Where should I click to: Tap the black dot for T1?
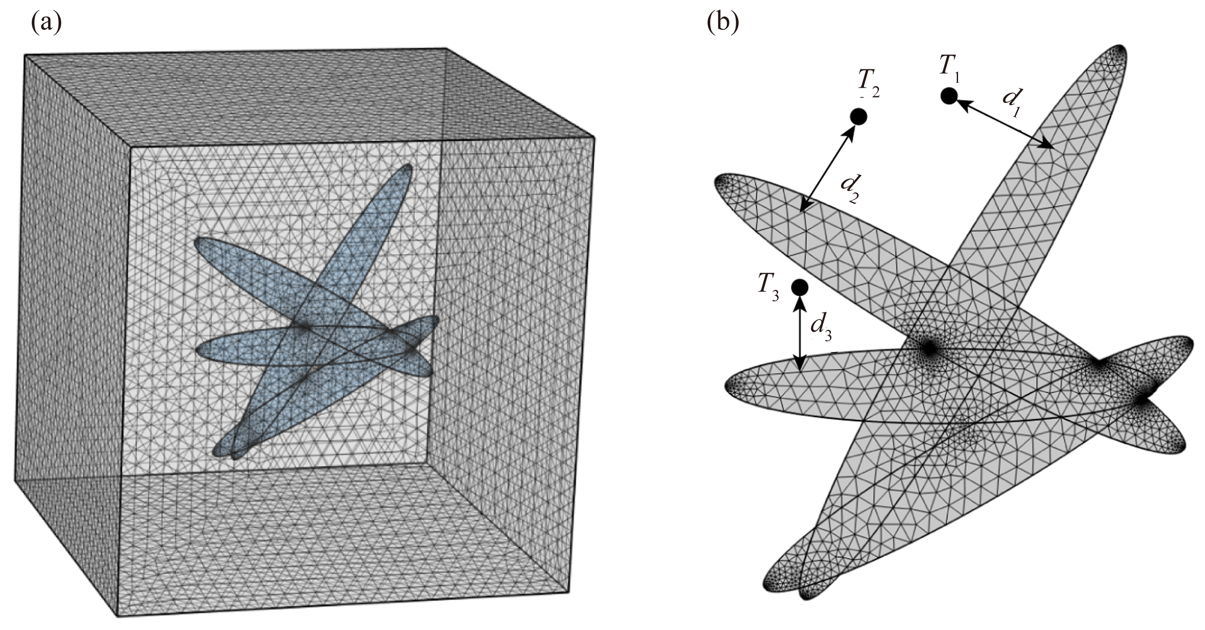pyautogui.click(x=949, y=97)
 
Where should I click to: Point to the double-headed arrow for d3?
pyautogui.click(x=800, y=334)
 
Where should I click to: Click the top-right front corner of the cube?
pyautogui.click(x=594, y=137)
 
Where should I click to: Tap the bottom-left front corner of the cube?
pyautogui.click(x=116, y=616)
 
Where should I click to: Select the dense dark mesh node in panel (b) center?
pyautogui.click(x=929, y=348)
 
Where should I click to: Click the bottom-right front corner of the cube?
pyautogui.click(x=569, y=592)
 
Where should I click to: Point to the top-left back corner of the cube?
pyautogui.click(x=24, y=55)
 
